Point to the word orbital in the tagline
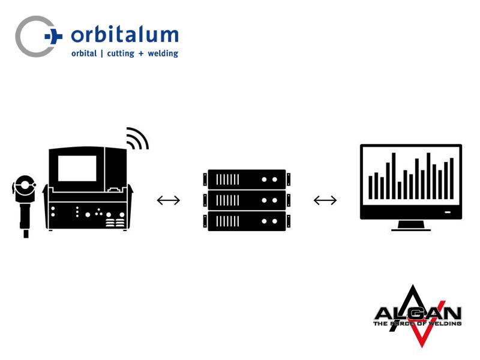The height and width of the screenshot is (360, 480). pyautogui.click(x=83, y=53)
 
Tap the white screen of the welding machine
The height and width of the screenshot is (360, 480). pyautogui.click(x=77, y=168)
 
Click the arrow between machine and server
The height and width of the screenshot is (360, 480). pyautogui.click(x=168, y=200)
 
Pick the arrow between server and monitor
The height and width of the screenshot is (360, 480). pyautogui.click(x=325, y=200)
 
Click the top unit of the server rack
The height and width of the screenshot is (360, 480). pyautogui.click(x=246, y=179)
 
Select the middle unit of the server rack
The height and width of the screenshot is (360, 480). pyautogui.click(x=246, y=200)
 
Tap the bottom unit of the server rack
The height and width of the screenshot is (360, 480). pyautogui.click(x=246, y=221)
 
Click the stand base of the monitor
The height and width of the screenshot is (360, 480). pyautogui.click(x=410, y=226)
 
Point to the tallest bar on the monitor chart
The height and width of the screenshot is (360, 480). pyautogui.click(x=394, y=176)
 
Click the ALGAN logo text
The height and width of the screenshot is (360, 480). pyautogui.click(x=417, y=313)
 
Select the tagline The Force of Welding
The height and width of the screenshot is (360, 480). pyautogui.click(x=417, y=323)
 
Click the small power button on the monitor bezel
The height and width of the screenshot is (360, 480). pyautogui.click(x=448, y=212)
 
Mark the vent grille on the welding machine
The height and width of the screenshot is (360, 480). pyautogui.click(x=115, y=223)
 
